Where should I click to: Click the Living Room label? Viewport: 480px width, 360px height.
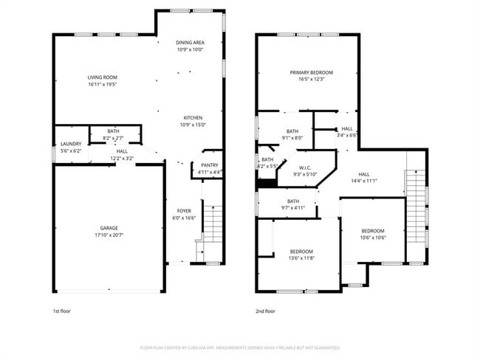[103, 77]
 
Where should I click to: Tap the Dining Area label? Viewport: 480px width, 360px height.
[190, 43]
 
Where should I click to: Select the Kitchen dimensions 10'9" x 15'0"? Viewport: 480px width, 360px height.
[193, 125]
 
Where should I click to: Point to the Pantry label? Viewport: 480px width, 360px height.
[210, 165]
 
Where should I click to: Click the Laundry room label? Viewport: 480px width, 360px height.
[71, 144]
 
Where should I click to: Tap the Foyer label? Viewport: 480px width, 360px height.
[183, 211]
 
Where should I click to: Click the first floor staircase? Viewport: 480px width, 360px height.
[212, 221]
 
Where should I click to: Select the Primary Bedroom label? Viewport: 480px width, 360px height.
[311, 72]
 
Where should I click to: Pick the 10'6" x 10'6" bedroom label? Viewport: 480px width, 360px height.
[373, 229]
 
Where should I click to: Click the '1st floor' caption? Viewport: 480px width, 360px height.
[62, 311]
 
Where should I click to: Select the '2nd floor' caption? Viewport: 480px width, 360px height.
[265, 311]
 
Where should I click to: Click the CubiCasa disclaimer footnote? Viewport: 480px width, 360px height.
[240, 347]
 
